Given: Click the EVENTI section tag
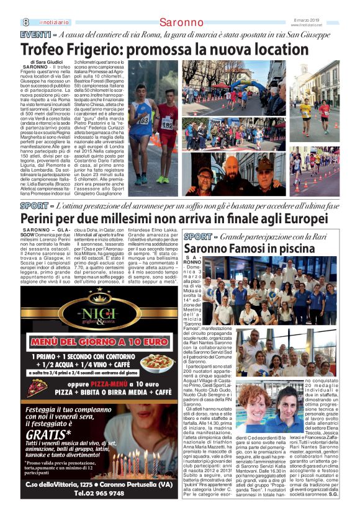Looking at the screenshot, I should [x=36, y=35].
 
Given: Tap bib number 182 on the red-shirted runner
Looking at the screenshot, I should [x=168, y=125].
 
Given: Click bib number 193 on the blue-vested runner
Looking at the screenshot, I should [x=143, y=120].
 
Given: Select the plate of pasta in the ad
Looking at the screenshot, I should [x=159, y=362].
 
